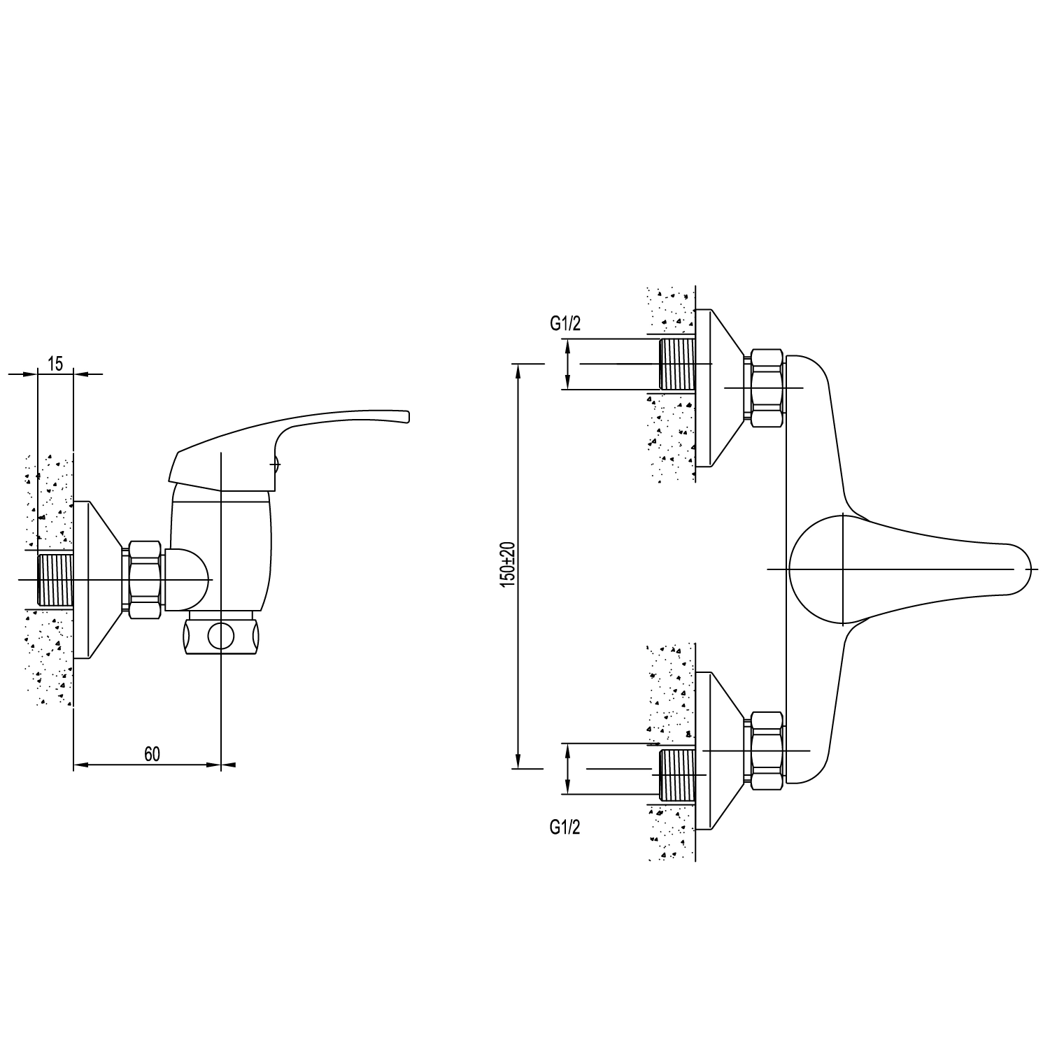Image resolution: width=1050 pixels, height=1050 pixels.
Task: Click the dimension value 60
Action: [152, 753]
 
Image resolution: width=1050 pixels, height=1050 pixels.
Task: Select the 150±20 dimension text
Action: [508, 565]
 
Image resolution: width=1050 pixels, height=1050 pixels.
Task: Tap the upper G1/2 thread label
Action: [565, 323]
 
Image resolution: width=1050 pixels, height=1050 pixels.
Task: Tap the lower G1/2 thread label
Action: [565, 828]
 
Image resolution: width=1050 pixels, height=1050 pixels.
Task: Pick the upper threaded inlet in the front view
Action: [678, 364]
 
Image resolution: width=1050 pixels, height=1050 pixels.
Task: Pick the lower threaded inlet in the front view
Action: [678, 776]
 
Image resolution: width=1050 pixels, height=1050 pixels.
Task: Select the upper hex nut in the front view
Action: [766, 388]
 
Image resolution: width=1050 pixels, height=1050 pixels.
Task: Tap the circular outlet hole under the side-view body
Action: [222, 637]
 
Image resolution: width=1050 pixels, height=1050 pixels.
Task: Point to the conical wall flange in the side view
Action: [98, 580]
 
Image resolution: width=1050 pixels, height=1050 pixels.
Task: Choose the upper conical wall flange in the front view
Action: [721, 388]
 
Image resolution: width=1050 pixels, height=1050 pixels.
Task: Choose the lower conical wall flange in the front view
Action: [721, 751]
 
